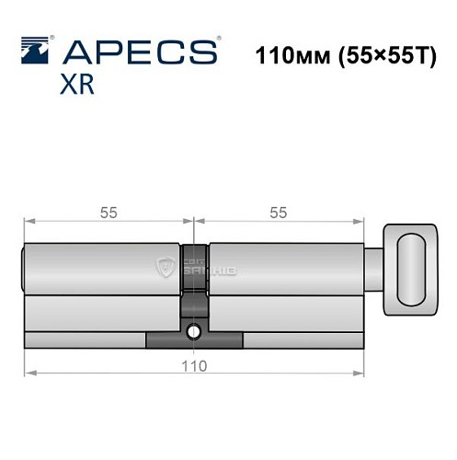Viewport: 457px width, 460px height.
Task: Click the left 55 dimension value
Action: coord(108,213)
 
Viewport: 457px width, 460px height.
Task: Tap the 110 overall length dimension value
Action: coord(193,364)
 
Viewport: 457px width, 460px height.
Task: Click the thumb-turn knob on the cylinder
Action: coord(411,268)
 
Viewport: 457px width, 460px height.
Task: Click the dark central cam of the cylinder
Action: coord(194,276)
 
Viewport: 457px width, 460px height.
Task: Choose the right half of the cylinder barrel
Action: coord(285,285)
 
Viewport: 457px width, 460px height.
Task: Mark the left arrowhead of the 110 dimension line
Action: coord(28,373)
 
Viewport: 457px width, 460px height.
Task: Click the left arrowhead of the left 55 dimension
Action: coord(28,222)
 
